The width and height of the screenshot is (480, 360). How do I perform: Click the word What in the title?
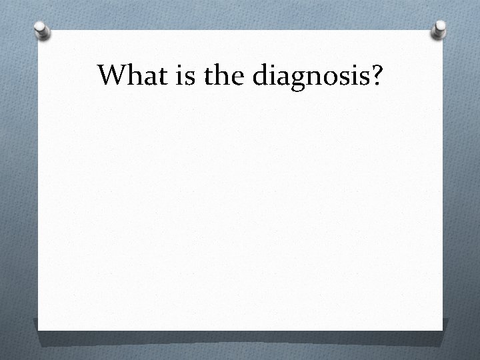click(x=130, y=76)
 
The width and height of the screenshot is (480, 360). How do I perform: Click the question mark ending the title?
click(x=377, y=76)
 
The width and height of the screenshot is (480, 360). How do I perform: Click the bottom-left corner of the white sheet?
click(x=38, y=329)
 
